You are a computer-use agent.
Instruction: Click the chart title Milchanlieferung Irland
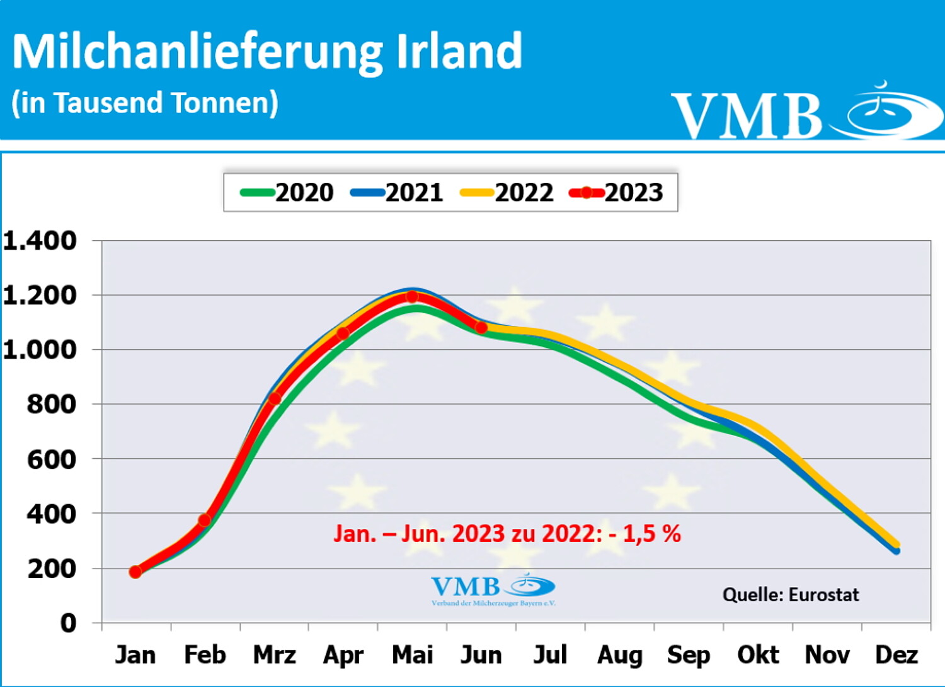267,52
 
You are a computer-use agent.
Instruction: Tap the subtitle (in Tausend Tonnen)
145,103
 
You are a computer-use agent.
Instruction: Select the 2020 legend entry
288,192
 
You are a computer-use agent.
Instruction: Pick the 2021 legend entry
398,192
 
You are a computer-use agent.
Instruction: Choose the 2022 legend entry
507,192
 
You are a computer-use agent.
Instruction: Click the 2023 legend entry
617,192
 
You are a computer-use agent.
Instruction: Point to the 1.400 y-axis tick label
40,241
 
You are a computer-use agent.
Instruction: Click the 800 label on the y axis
52,404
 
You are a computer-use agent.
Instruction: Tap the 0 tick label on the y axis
68,623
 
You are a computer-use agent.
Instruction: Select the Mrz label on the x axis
274,655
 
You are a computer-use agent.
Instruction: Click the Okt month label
758,655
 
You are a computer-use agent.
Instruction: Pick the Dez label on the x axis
896,655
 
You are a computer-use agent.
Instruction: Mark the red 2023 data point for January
135,572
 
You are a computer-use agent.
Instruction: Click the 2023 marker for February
205,520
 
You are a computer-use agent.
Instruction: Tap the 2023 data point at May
412,296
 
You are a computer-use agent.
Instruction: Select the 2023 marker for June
481,327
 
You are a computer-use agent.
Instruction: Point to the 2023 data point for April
343,333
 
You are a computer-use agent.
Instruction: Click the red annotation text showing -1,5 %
507,534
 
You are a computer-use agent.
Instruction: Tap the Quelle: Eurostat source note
791,594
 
